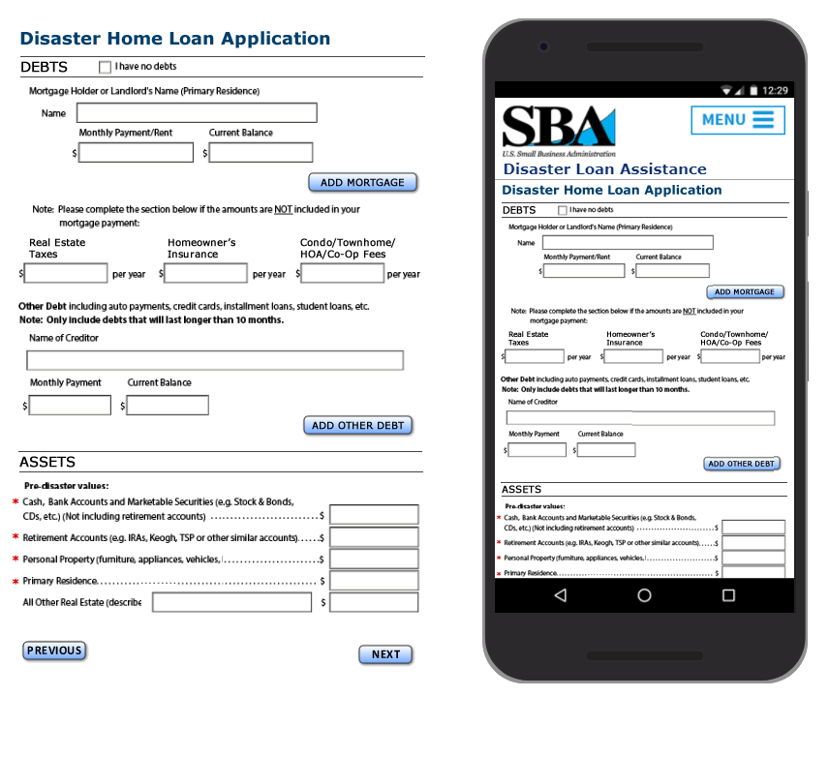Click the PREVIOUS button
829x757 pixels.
(x=54, y=651)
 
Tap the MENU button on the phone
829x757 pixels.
(x=737, y=120)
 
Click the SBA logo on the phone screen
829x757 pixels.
(x=559, y=131)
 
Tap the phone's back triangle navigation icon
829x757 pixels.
(x=560, y=595)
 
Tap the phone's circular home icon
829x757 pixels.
(x=644, y=595)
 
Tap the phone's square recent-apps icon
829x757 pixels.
(x=728, y=595)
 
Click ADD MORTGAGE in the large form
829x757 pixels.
(x=362, y=182)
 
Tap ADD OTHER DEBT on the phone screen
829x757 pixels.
(x=741, y=464)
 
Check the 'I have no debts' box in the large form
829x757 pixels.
(x=106, y=68)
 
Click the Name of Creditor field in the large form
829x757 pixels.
(x=214, y=360)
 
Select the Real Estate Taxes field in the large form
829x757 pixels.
(x=66, y=274)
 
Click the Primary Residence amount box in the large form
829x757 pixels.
(x=374, y=581)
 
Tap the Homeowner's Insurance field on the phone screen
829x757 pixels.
(x=633, y=357)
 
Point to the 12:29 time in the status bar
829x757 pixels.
(x=775, y=90)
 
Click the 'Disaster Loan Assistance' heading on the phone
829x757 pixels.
(x=604, y=169)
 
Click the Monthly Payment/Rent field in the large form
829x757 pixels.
(x=137, y=153)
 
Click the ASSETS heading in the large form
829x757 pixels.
(x=46, y=463)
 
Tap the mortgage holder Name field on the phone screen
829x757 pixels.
(x=628, y=243)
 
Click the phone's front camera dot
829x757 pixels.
(x=543, y=45)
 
